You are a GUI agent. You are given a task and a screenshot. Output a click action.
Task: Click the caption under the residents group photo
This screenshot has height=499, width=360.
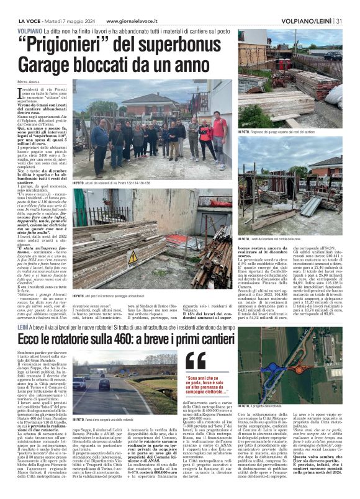point(112,183)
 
